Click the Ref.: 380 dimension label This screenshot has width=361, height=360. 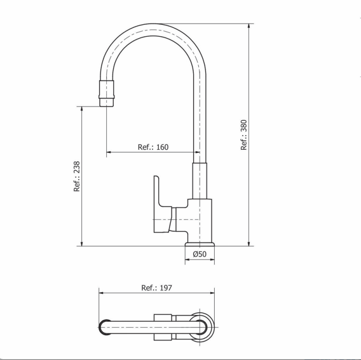click(243, 135)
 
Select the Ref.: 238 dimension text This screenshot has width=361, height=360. click(77, 177)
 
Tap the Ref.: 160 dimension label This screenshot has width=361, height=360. click(153, 147)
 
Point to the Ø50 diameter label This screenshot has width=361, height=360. click(200, 254)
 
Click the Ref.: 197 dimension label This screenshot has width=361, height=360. click(156, 288)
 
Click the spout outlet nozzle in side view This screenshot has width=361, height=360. click(107, 93)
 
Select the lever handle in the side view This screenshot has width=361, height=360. click(163, 204)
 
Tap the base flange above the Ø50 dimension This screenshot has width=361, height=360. click(200, 244)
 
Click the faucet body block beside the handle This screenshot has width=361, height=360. click(200, 220)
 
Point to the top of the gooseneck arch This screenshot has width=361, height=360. click(153, 24)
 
